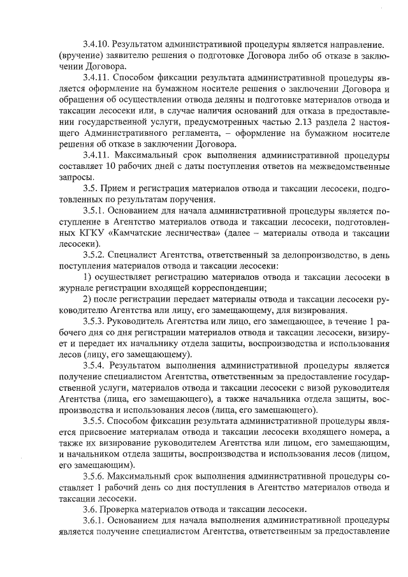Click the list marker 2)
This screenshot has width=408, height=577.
[90, 299]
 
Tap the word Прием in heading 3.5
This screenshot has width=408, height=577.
[120, 189]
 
